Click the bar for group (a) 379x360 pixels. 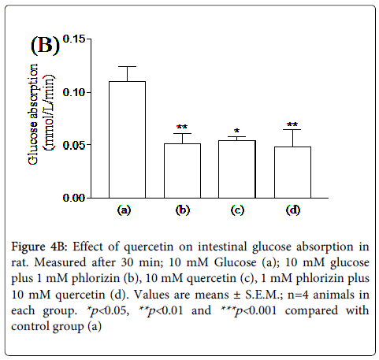127,139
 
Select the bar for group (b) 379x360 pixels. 182,171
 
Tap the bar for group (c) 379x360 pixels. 237,169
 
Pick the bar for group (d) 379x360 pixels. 292,173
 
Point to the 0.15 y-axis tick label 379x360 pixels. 74,39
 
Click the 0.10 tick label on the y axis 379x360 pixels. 74,92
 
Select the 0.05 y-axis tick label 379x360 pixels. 74,145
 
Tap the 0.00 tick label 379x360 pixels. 74,198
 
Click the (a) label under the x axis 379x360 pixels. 124,210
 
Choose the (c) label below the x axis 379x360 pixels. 237,210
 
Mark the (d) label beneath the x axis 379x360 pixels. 293,210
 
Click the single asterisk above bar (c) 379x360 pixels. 237,131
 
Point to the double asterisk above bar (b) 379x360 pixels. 182,128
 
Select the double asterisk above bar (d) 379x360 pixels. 292,124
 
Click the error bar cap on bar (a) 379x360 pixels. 128,66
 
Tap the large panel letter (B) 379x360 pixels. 45,45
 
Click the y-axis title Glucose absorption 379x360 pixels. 33,114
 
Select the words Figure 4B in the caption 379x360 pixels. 39,247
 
